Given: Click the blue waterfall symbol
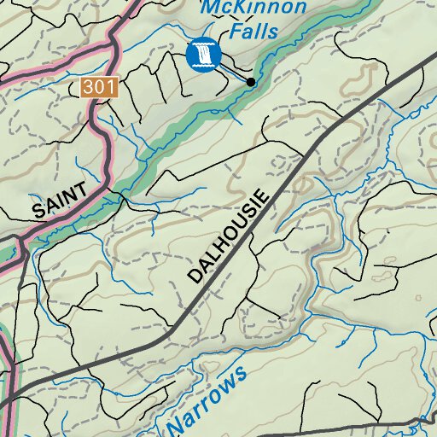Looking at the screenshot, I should click(x=203, y=55).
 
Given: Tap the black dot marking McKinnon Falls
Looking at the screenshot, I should click(x=251, y=82).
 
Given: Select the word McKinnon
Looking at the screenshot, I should click(x=253, y=9).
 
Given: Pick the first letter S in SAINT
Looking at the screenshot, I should click(x=38, y=211).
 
